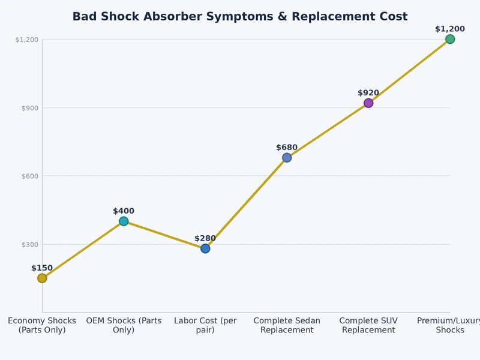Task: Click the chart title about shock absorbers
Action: [240, 17]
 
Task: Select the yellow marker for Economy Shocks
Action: [42, 278]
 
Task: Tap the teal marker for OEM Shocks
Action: [124, 221]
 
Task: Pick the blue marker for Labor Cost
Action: [205, 248]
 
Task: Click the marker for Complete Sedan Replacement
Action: [287, 157]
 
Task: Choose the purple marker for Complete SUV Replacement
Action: [368, 103]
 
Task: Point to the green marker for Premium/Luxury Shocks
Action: [450, 39]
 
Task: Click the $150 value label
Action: [42, 268]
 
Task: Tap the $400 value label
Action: [124, 211]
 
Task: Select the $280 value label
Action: [205, 238]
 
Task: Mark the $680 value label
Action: [287, 148]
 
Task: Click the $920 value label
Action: [368, 93]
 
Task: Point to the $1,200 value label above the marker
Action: [450, 29]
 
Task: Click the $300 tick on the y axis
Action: [30, 244]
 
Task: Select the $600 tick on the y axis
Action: [30, 176]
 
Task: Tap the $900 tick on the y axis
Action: [30, 108]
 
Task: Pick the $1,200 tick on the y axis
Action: [27, 40]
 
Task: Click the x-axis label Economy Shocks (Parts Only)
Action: [42, 325]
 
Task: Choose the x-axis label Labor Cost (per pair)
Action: [205, 325]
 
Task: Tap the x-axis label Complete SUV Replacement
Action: [368, 325]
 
